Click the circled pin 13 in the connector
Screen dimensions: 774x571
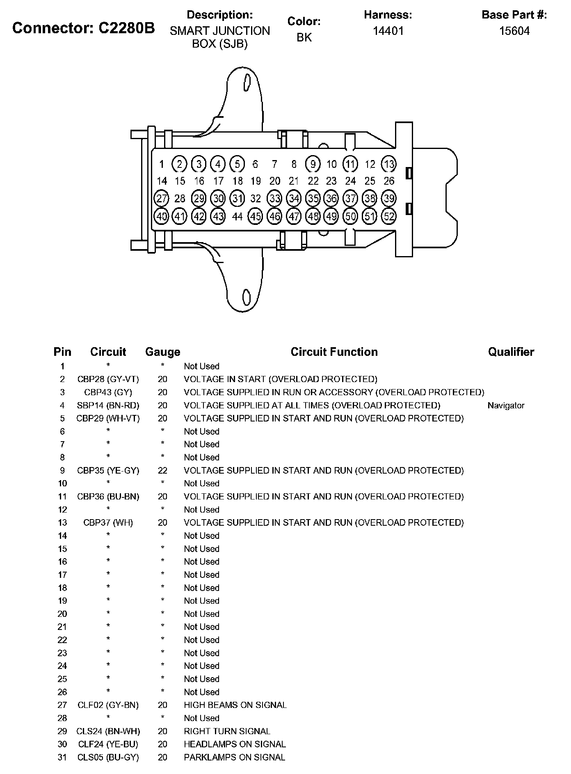388,164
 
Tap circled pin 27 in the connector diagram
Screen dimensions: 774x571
162,199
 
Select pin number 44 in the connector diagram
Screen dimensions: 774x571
237,216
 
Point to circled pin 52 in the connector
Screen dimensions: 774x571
388,216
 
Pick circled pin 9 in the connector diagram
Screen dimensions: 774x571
313,164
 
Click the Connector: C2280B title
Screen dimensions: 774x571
84,28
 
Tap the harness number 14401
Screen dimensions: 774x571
388,31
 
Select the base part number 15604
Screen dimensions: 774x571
514,31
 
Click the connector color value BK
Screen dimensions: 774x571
304,37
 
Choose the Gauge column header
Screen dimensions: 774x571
162,352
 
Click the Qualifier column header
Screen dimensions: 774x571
511,352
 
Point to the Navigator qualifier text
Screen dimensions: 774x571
506,405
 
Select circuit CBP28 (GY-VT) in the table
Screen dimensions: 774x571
108,379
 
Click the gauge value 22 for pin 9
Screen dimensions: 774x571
162,470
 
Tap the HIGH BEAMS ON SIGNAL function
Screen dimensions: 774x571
235,705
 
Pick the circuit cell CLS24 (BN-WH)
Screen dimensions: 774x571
108,731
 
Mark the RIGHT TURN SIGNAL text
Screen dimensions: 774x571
227,731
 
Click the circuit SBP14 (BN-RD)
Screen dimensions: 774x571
108,405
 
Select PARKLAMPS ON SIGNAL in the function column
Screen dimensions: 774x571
234,757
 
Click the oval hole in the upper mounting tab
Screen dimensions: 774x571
247,82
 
